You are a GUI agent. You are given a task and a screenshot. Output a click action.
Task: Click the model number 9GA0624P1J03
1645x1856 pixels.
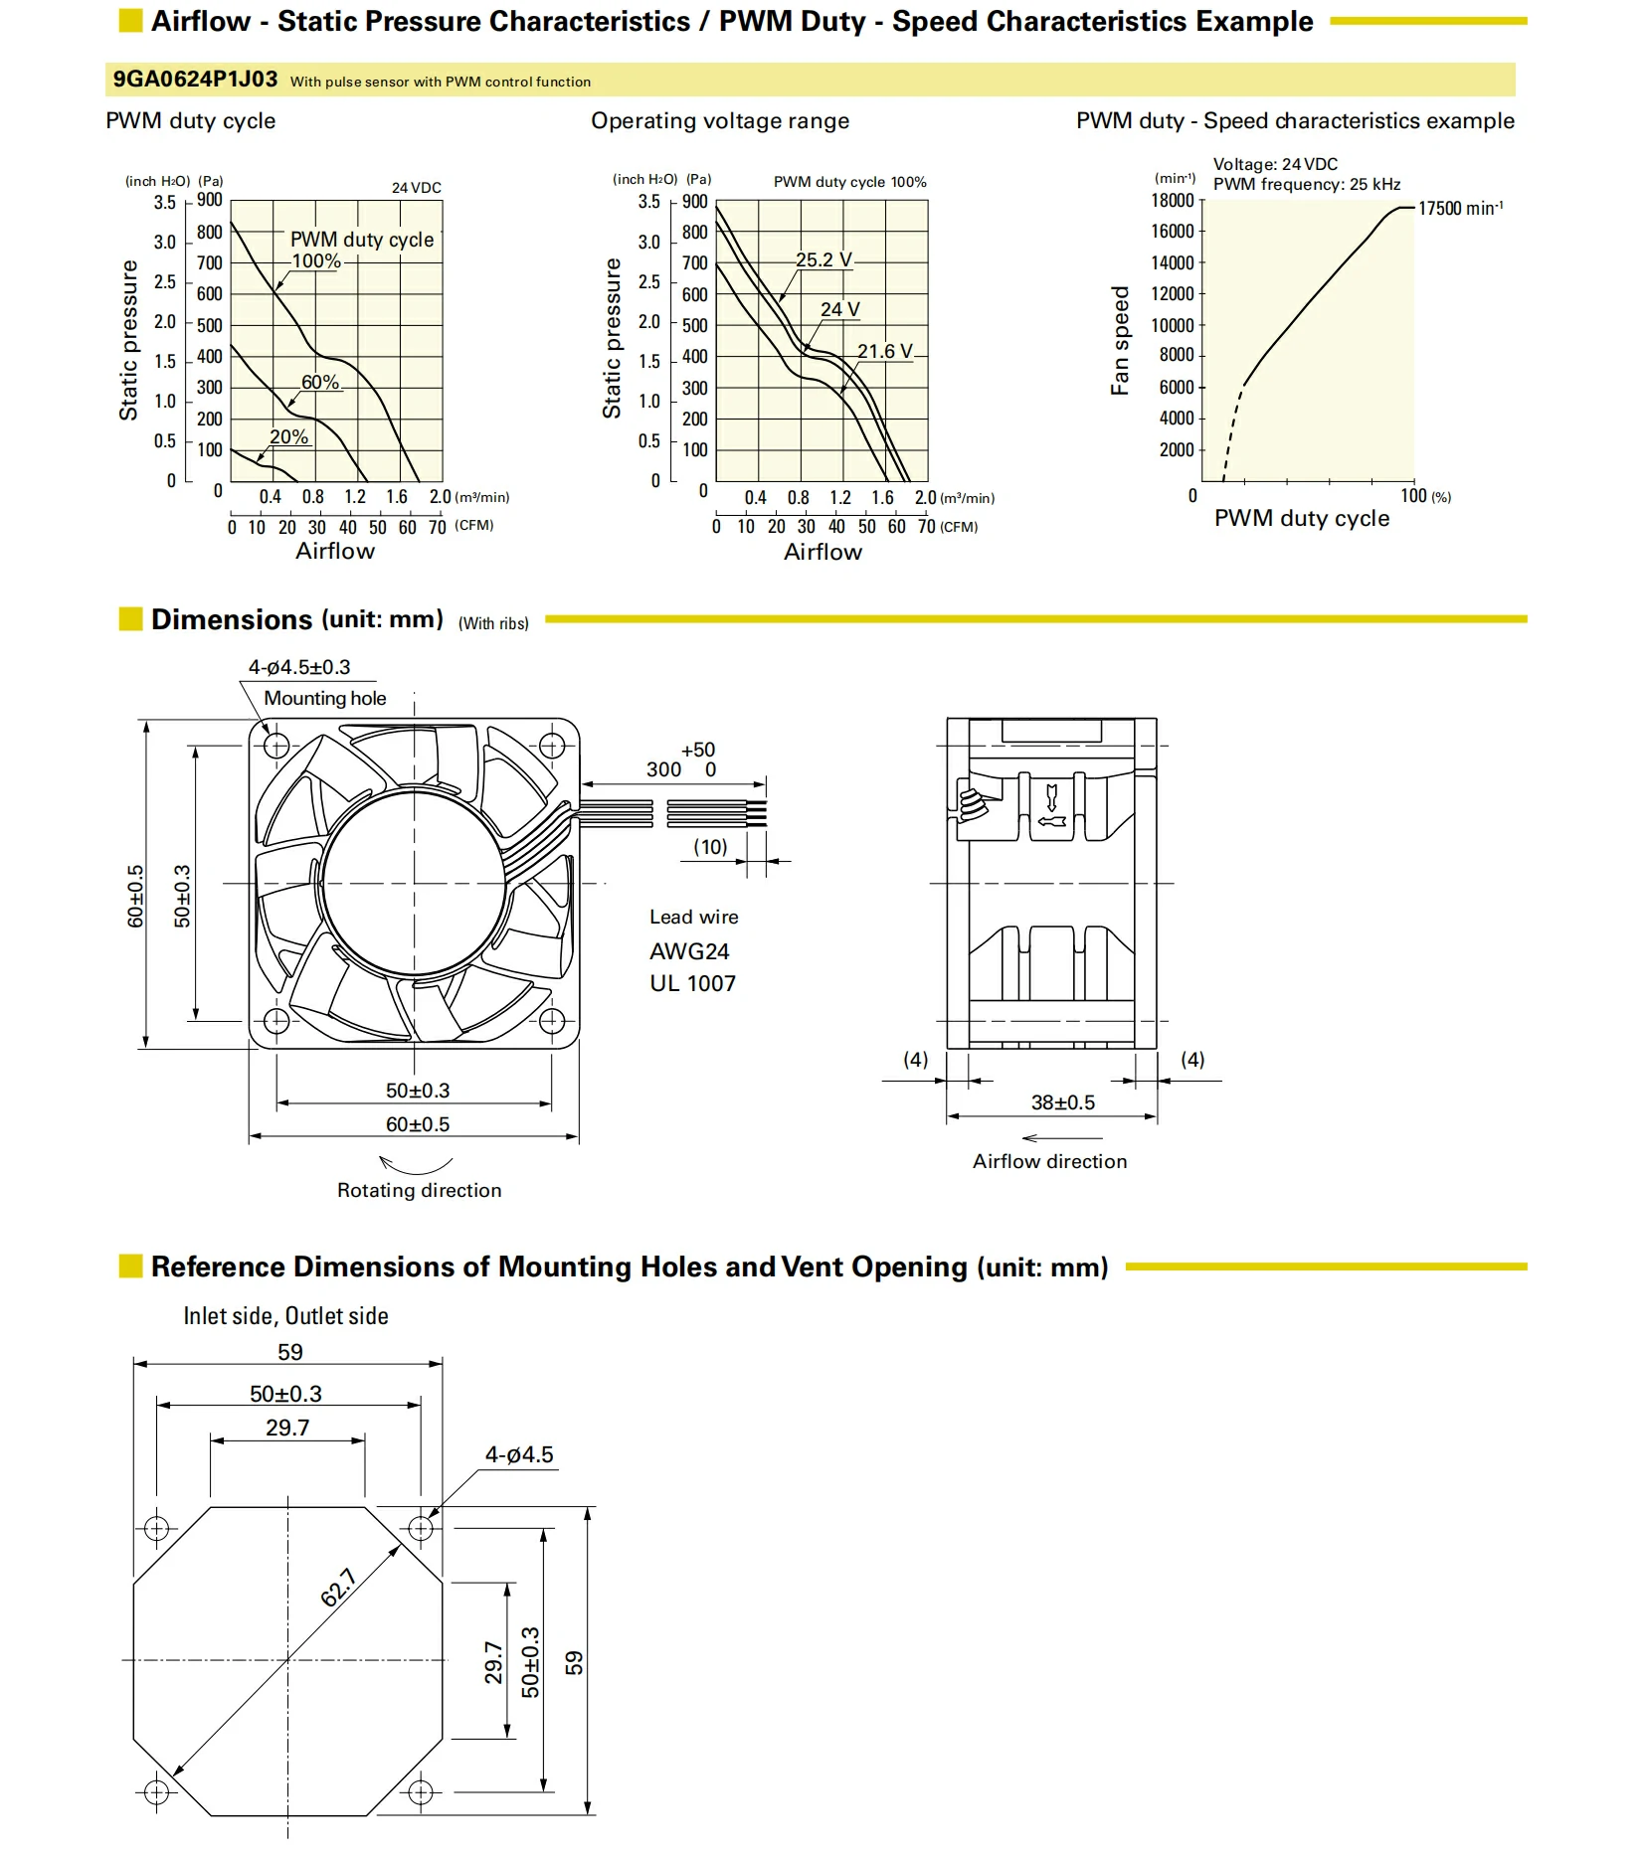point(195,80)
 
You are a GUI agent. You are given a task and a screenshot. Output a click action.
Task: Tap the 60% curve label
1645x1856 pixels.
point(320,382)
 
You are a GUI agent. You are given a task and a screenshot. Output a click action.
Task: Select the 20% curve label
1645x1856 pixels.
point(288,436)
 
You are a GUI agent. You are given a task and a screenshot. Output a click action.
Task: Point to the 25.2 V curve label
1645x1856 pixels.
point(823,259)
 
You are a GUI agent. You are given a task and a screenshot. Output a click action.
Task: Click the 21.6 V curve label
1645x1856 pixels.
point(884,351)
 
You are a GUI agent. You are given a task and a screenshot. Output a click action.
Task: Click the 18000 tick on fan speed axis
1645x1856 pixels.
point(1173,201)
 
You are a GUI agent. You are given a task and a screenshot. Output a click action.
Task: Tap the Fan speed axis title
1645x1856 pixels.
point(1120,341)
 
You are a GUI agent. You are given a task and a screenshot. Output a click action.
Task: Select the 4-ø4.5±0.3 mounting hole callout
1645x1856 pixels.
point(299,667)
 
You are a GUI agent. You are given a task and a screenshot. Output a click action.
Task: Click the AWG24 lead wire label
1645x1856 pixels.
point(689,951)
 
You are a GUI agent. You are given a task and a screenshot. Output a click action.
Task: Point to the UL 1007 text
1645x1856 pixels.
point(692,983)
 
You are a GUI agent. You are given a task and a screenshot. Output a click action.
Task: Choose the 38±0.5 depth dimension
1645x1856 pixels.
point(1062,1102)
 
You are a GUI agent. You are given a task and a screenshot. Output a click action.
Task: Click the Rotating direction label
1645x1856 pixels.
point(419,1190)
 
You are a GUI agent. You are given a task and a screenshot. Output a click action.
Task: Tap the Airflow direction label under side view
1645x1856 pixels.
point(1049,1161)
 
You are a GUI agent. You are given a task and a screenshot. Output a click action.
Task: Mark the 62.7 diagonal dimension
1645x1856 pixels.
point(338,1588)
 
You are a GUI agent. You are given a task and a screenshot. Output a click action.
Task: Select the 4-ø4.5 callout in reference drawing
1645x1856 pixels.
point(519,1454)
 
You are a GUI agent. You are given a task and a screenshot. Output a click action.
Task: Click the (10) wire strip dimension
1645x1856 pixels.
point(710,847)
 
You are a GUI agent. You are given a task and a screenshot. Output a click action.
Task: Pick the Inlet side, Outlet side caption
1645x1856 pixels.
point(285,1316)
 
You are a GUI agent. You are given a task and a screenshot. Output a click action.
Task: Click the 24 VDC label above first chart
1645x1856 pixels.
point(416,188)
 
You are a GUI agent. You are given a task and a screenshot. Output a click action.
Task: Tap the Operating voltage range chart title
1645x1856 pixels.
point(720,121)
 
